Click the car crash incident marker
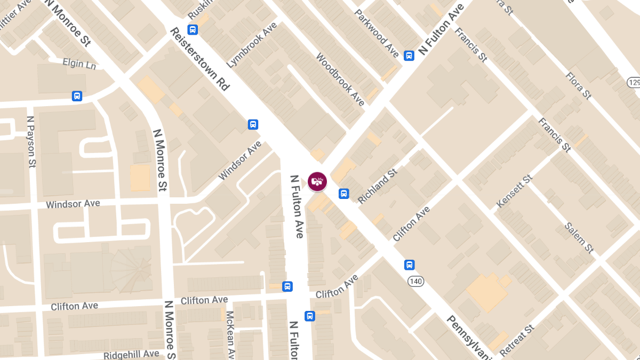tap(317, 181)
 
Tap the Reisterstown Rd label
tap(199, 59)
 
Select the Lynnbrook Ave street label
tap(252, 45)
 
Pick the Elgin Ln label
tap(79, 63)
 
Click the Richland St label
tap(378, 186)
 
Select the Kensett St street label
tap(514, 191)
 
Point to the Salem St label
tap(579, 237)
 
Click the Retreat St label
tap(517, 339)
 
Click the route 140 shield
tap(415, 281)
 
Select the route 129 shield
tap(634, 82)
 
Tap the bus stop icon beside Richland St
tap(344, 194)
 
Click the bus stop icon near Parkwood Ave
tap(409, 55)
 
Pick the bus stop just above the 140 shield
tap(409, 265)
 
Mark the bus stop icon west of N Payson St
tap(77, 96)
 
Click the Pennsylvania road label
tap(468, 337)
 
